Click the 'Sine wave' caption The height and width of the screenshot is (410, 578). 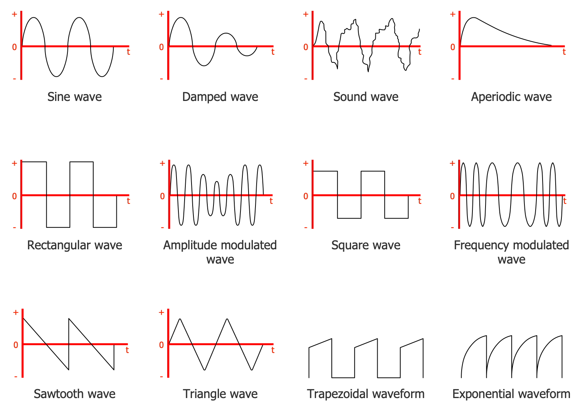click(x=74, y=97)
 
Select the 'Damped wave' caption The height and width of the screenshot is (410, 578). click(x=220, y=97)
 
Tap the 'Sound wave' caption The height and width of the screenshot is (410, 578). click(x=366, y=97)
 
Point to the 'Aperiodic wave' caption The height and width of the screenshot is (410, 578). click(x=511, y=97)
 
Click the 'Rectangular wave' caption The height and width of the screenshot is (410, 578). click(x=74, y=245)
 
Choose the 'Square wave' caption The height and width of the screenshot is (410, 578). click(x=366, y=245)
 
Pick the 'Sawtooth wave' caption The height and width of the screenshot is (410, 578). click(x=74, y=394)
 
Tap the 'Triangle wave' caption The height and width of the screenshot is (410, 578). click(x=220, y=394)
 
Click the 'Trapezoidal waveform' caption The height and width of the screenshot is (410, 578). click(x=366, y=394)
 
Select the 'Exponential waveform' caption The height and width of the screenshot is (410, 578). click(x=511, y=394)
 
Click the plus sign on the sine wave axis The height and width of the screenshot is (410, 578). click(x=15, y=14)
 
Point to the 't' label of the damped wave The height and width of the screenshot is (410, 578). click(x=273, y=52)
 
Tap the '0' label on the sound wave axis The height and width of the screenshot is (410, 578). click(x=306, y=47)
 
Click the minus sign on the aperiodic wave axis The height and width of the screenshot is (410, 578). click(x=453, y=79)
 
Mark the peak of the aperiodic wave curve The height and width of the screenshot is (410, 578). click(x=474, y=18)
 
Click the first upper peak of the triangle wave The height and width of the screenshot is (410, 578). click(x=180, y=319)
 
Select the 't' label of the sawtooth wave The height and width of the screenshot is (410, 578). click(x=127, y=350)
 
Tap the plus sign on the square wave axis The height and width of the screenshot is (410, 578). click(x=306, y=163)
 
